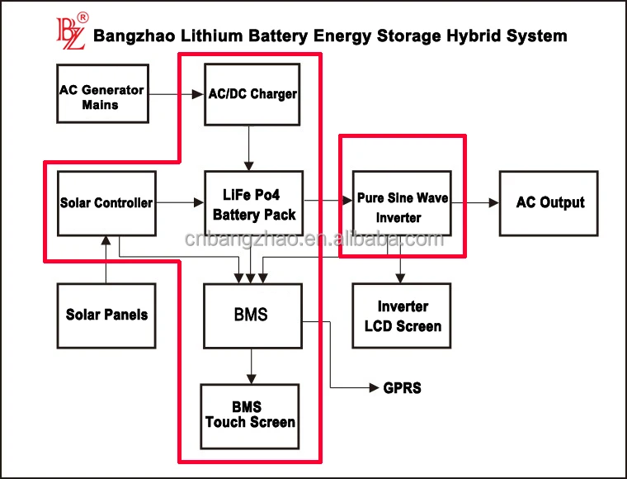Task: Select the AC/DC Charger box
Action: (252, 93)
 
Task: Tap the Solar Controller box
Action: (106, 202)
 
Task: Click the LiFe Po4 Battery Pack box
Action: (253, 204)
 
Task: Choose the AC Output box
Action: (549, 203)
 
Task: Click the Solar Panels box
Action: (106, 315)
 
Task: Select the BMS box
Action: (252, 315)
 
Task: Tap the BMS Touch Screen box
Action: (251, 415)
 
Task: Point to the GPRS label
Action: (402, 387)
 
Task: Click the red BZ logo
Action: (70, 31)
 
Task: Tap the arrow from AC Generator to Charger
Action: (177, 94)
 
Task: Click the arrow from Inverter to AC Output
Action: (475, 203)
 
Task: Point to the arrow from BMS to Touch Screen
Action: (252, 365)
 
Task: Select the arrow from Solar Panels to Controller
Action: (106, 259)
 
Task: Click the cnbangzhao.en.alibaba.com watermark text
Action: (313, 240)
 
